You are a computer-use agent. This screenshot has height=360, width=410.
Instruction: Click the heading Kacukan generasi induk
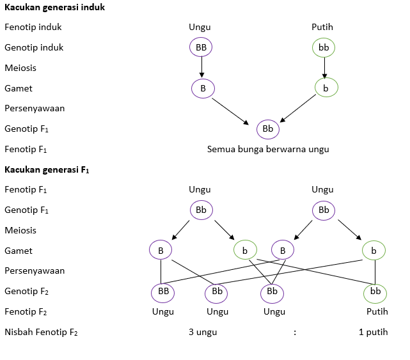click(x=54, y=8)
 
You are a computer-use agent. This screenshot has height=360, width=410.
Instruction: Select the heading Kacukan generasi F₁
click(x=47, y=170)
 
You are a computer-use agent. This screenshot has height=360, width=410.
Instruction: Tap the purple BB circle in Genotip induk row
click(x=201, y=47)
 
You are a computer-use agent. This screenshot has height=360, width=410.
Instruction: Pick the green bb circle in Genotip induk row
click(x=324, y=47)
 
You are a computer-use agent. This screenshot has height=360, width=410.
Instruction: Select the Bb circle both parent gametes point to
click(x=268, y=129)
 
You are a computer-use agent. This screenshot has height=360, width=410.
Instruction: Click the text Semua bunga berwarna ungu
click(x=268, y=149)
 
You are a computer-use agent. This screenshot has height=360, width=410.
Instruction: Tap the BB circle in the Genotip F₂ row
click(x=162, y=292)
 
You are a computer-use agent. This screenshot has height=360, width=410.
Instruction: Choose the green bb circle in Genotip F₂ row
click(x=375, y=292)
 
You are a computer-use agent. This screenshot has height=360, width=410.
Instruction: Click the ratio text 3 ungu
click(x=203, y=332)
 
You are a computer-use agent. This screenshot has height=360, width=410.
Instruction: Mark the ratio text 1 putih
click(x=374, y=332)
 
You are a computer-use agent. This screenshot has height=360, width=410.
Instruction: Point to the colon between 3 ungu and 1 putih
click(x=295, y=332)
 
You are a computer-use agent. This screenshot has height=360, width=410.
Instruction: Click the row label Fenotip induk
click(x=33, y=27)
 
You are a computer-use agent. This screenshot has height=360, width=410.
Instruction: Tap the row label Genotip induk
click(x=34, y=47)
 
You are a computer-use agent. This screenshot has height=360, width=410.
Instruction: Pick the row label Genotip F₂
click(x=26, y=292)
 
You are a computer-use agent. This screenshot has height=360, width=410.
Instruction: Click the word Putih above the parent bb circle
click(x=322, y=27)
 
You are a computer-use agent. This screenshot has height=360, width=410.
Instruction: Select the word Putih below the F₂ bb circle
click(x=377, y=311)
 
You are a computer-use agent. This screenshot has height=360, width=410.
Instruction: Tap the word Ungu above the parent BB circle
click(x=200, y=27)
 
